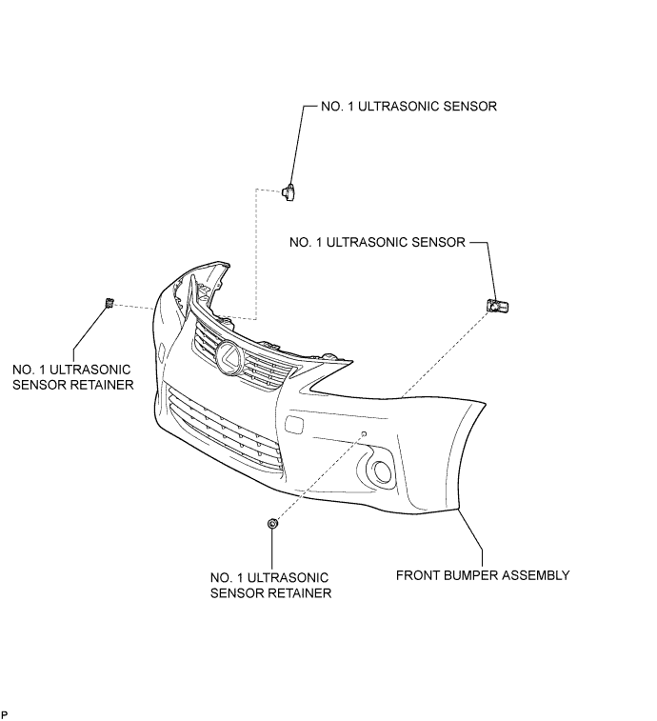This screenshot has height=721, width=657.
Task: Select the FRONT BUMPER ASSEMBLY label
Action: (483, 575)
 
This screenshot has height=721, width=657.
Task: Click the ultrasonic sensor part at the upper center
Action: (289, 191)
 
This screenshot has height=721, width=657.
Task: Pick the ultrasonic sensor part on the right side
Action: (497, 306)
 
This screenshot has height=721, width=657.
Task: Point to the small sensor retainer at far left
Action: (109, 303)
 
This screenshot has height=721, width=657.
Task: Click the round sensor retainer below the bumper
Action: (272, 523)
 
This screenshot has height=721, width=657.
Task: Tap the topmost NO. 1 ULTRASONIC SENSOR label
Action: (408, 107)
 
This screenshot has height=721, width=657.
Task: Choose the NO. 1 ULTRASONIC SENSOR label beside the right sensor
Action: (377, 242)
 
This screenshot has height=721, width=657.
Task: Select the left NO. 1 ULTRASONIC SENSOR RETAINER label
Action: (72, 377)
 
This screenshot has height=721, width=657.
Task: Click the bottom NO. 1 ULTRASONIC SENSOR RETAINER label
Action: (270, 586)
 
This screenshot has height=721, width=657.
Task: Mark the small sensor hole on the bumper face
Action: (364, 433)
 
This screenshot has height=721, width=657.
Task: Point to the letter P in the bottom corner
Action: (5, 714)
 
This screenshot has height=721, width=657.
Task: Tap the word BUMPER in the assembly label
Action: (463, 575)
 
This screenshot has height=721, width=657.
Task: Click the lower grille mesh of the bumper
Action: (226, 429)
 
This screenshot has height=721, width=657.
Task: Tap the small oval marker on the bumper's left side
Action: (161, 351)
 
